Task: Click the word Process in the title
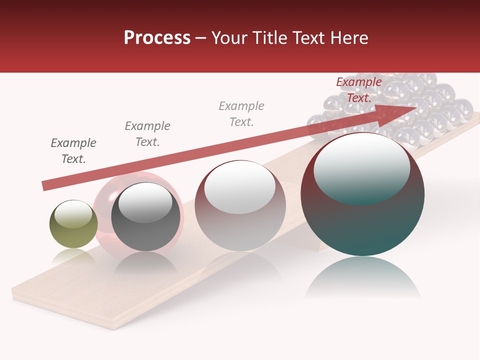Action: click(157, 38)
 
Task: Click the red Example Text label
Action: click(358, 90)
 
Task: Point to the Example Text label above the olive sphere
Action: click(73, 150)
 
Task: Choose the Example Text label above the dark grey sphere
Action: click(147, 133)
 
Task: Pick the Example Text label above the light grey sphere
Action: click(241, 113)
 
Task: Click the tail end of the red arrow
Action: click(45, 185)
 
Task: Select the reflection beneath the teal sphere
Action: click(362, 277)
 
